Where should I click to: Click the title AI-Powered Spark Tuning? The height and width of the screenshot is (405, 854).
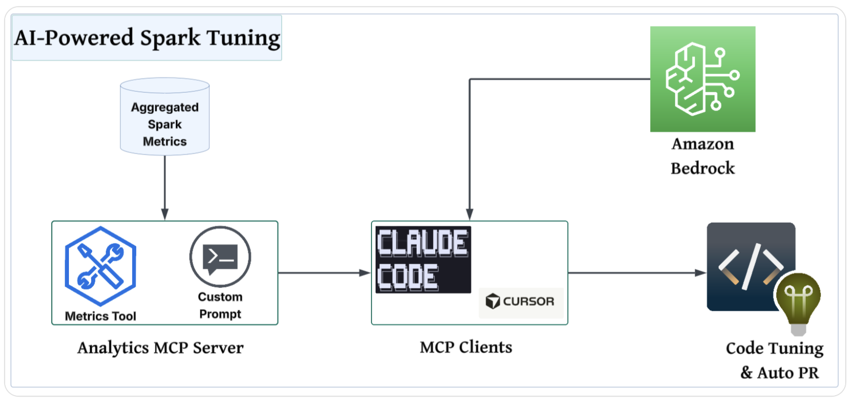(x=147, y=38)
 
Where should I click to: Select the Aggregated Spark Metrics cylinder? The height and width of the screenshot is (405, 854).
(x=165, y=117)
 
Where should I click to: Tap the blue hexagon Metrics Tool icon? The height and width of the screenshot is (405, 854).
(x=101, y=266)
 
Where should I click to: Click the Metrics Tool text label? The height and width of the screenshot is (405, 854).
(x=101, y=316)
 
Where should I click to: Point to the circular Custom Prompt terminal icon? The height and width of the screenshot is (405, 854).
(x=220, y=257)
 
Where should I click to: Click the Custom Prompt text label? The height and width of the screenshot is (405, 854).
(x=220, y=306)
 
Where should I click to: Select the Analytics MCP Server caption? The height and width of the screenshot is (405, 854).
(x=160, y=348)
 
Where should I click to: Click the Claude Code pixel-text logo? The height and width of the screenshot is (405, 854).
(x=423, y=259)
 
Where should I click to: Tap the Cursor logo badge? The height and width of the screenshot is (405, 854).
(x=521, y=301)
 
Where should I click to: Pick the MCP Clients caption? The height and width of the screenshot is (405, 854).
(x=466, y=347)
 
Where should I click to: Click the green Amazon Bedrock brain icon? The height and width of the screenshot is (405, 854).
(x=703, y=79)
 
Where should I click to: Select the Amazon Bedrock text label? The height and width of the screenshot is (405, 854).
(x=703, y=156)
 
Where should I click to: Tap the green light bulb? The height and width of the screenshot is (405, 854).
(x=799, y=300)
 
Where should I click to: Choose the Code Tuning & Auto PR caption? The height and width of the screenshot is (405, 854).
(x=775, y=360)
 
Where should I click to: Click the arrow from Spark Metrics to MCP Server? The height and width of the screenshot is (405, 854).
(x=165, y=186)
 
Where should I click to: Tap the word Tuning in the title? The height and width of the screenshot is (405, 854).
(x=243, y=38)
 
